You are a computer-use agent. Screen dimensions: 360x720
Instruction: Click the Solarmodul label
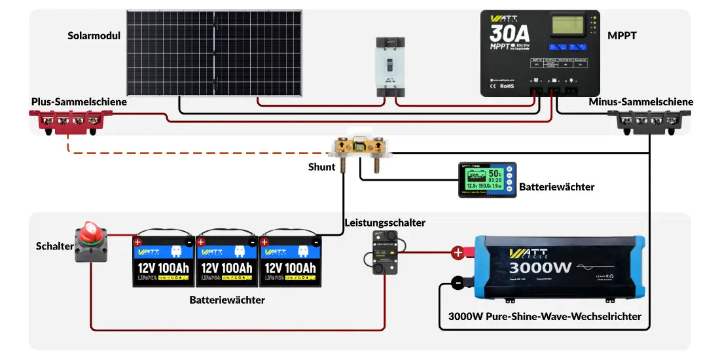coord(94,36)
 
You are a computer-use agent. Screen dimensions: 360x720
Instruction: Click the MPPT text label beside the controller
coord(622,36)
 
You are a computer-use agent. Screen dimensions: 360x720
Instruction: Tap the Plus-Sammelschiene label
coord(79,102)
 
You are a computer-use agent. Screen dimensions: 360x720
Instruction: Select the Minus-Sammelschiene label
coord(641,102)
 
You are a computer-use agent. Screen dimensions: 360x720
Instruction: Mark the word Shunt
coord(321,167)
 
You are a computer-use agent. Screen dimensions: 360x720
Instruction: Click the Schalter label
coord(54,246)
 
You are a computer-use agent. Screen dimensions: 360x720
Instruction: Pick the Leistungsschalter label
coord(385,223)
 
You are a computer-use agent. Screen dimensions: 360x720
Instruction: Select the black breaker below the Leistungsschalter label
coord(385,251)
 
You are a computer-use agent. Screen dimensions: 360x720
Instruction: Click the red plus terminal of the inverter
coord(458,252)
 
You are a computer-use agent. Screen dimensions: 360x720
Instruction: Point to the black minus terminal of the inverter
coord(458,283)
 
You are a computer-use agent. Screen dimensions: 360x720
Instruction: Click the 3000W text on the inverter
coord(541,267)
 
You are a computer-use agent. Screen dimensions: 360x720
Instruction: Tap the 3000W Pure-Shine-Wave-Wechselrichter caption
coord(545,317)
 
